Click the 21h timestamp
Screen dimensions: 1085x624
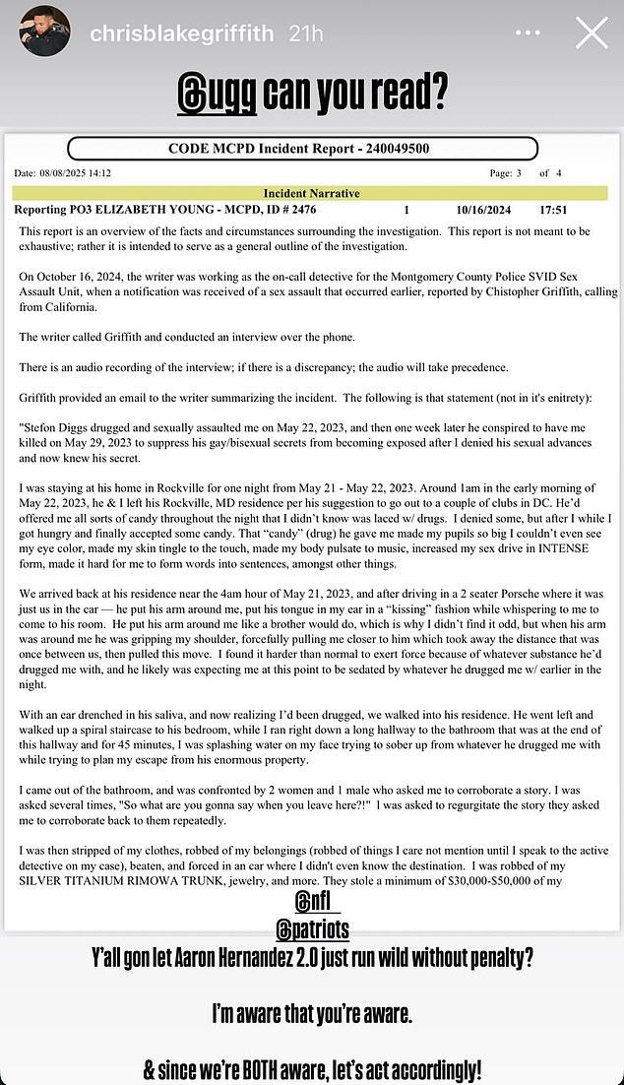pyautogui.click(x=307, y=33)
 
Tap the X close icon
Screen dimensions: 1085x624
pyautogui.click(x=591, y=32)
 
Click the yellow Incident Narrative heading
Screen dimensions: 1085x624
pyautogui.click(x=311, y=193)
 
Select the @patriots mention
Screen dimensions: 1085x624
pyautogui.click(x=317, y=928)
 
